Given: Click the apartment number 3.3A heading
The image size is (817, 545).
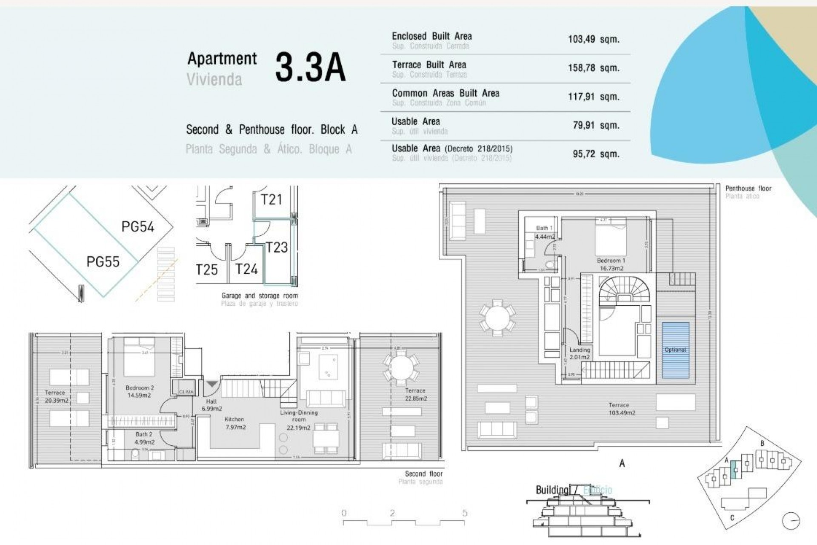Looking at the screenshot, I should (x=310, y=68).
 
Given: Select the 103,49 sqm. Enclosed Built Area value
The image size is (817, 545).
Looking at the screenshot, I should (x=593, y=40).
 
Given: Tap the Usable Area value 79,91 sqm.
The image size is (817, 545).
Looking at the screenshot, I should (x=596, y=126).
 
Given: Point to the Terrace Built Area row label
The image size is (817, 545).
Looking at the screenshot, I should (x=429, y=65).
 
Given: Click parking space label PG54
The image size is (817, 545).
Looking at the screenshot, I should (x=137, y=227).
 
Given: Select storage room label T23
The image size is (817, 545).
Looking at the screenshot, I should (x=277, y=247).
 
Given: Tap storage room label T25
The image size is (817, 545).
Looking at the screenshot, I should (x=207, y=270).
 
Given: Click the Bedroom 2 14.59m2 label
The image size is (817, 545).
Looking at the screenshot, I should (x=139, y=392).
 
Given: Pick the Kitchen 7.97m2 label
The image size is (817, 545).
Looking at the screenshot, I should (x=234, y=423).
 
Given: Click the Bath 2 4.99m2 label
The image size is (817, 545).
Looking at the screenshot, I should (x=144, y=438).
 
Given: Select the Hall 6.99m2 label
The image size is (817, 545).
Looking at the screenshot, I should (x=211, y=405).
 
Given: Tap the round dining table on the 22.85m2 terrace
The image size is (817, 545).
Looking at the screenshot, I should (x=401, y=367).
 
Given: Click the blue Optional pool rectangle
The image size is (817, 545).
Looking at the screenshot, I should (x=675, y=350).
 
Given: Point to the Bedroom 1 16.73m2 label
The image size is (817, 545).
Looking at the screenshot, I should (x=611, y=264).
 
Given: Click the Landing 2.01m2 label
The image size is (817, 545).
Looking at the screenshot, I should (x=580, y=353).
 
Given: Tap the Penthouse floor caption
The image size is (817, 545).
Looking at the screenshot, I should (x=748, y=188).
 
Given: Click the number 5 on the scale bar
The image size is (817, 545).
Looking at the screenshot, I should (x=465, y=513).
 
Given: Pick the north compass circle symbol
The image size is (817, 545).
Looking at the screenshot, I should (x=791, y=521).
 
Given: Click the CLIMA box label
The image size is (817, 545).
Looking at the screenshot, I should (x=186, y=392).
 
